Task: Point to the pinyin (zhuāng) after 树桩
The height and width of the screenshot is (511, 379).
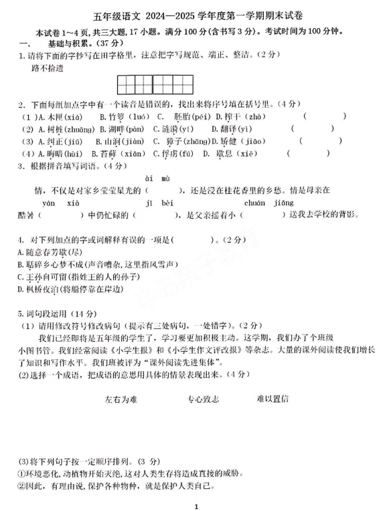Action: [x=78, y=129]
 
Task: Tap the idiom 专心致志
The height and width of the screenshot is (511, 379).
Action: [x=202, y=399]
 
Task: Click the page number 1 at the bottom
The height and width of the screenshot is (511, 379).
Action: [x=196, y=506]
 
